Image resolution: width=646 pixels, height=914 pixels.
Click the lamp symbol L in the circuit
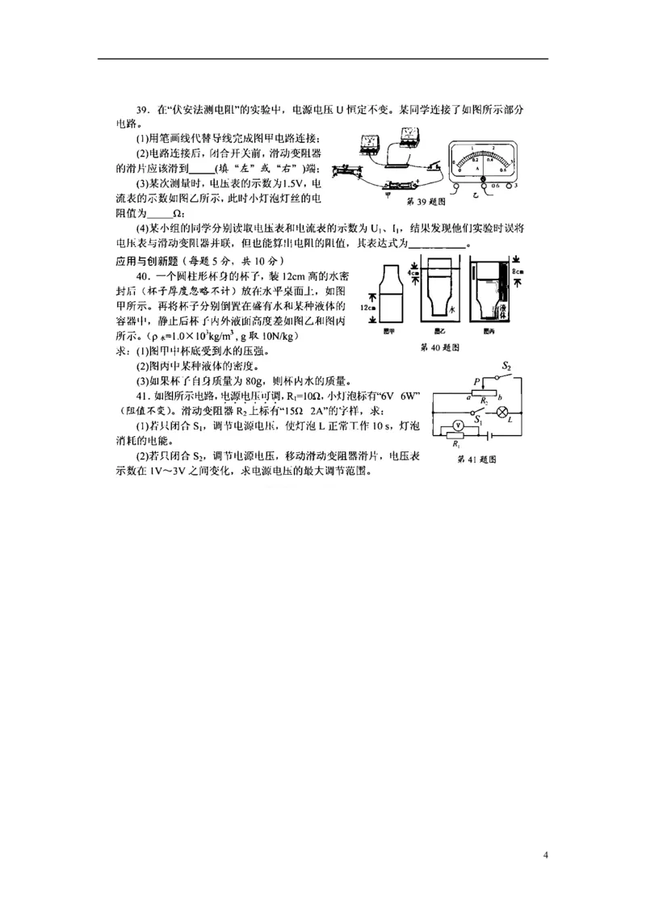pyautogui.click(x=501, y=412)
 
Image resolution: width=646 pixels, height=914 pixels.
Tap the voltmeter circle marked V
pyautogui.click(x=456, y=423)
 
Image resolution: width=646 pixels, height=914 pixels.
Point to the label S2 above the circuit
pyautogui.click(x=506, y=367)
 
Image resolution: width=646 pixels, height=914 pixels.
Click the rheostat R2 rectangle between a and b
pyautogui.click(x=484, y=392)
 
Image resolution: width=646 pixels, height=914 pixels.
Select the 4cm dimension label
pyautogui.click(x=413, y=274)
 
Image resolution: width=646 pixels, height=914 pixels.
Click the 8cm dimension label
pyautogui.click(x=517, y=273)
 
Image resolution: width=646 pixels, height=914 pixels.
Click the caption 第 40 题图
pyautogui.click(x=440, y=348)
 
